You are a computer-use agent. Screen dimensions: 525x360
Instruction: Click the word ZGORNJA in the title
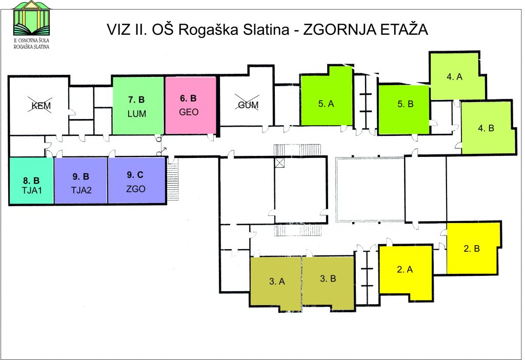339,29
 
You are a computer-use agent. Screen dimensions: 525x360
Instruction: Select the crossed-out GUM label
248,105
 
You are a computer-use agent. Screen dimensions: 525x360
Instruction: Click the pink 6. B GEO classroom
191,106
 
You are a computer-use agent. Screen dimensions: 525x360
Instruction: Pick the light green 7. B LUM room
138,106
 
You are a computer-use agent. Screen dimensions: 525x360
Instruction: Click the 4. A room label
454,77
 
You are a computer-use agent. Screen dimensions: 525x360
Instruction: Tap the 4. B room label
486,128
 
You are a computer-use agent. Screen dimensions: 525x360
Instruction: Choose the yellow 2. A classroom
405,272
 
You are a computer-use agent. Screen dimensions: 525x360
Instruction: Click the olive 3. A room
276,282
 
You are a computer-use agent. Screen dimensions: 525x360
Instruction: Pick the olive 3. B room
329,282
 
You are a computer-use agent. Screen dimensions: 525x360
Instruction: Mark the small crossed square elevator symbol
279,163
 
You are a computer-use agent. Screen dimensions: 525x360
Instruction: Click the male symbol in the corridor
161,151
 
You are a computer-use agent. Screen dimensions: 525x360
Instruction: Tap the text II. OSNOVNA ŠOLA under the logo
31,40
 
